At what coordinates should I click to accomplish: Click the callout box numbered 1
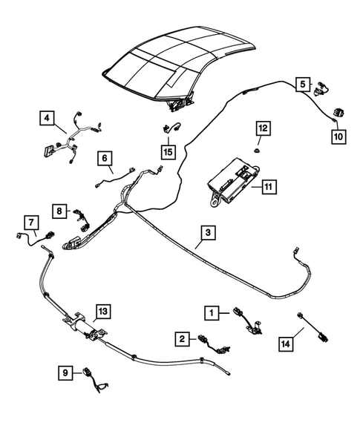point(214,314)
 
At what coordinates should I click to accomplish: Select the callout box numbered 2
point(181,339)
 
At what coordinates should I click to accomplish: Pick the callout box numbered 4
point(47,118)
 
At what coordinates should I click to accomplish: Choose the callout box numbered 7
point(30,222)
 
